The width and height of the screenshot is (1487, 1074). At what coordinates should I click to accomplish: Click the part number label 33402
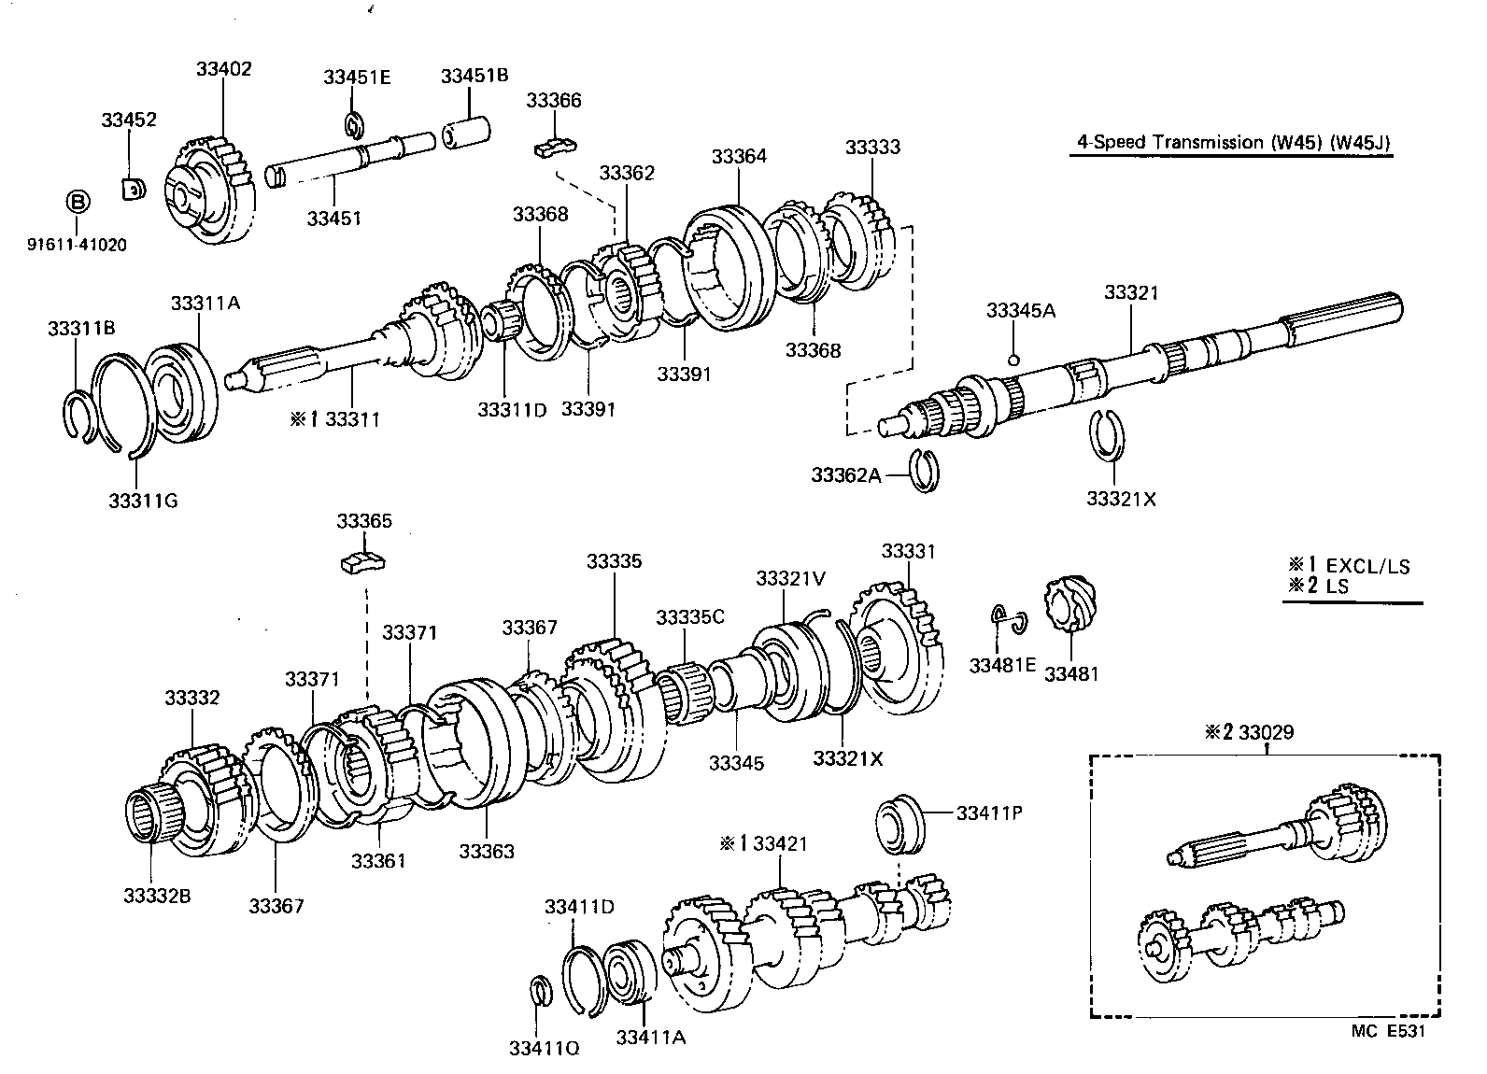(x=223, y=69)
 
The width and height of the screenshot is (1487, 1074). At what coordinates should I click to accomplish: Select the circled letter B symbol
(x=78, y=202)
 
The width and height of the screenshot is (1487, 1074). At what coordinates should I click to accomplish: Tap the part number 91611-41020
(x=78, y=246)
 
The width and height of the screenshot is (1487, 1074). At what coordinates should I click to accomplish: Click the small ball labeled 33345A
(x=1013, y=360)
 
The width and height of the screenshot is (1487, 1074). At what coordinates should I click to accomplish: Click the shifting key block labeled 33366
(x=555, y=146)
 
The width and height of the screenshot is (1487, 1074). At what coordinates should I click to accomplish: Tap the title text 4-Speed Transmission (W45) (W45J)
(x=1233, y=142)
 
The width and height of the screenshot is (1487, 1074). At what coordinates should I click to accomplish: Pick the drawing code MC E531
(x=1388, y=1031)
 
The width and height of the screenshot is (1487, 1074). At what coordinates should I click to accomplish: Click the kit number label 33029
(x=1267, y=732)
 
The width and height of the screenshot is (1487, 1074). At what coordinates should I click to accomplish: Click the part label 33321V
(x=790, y=578)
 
